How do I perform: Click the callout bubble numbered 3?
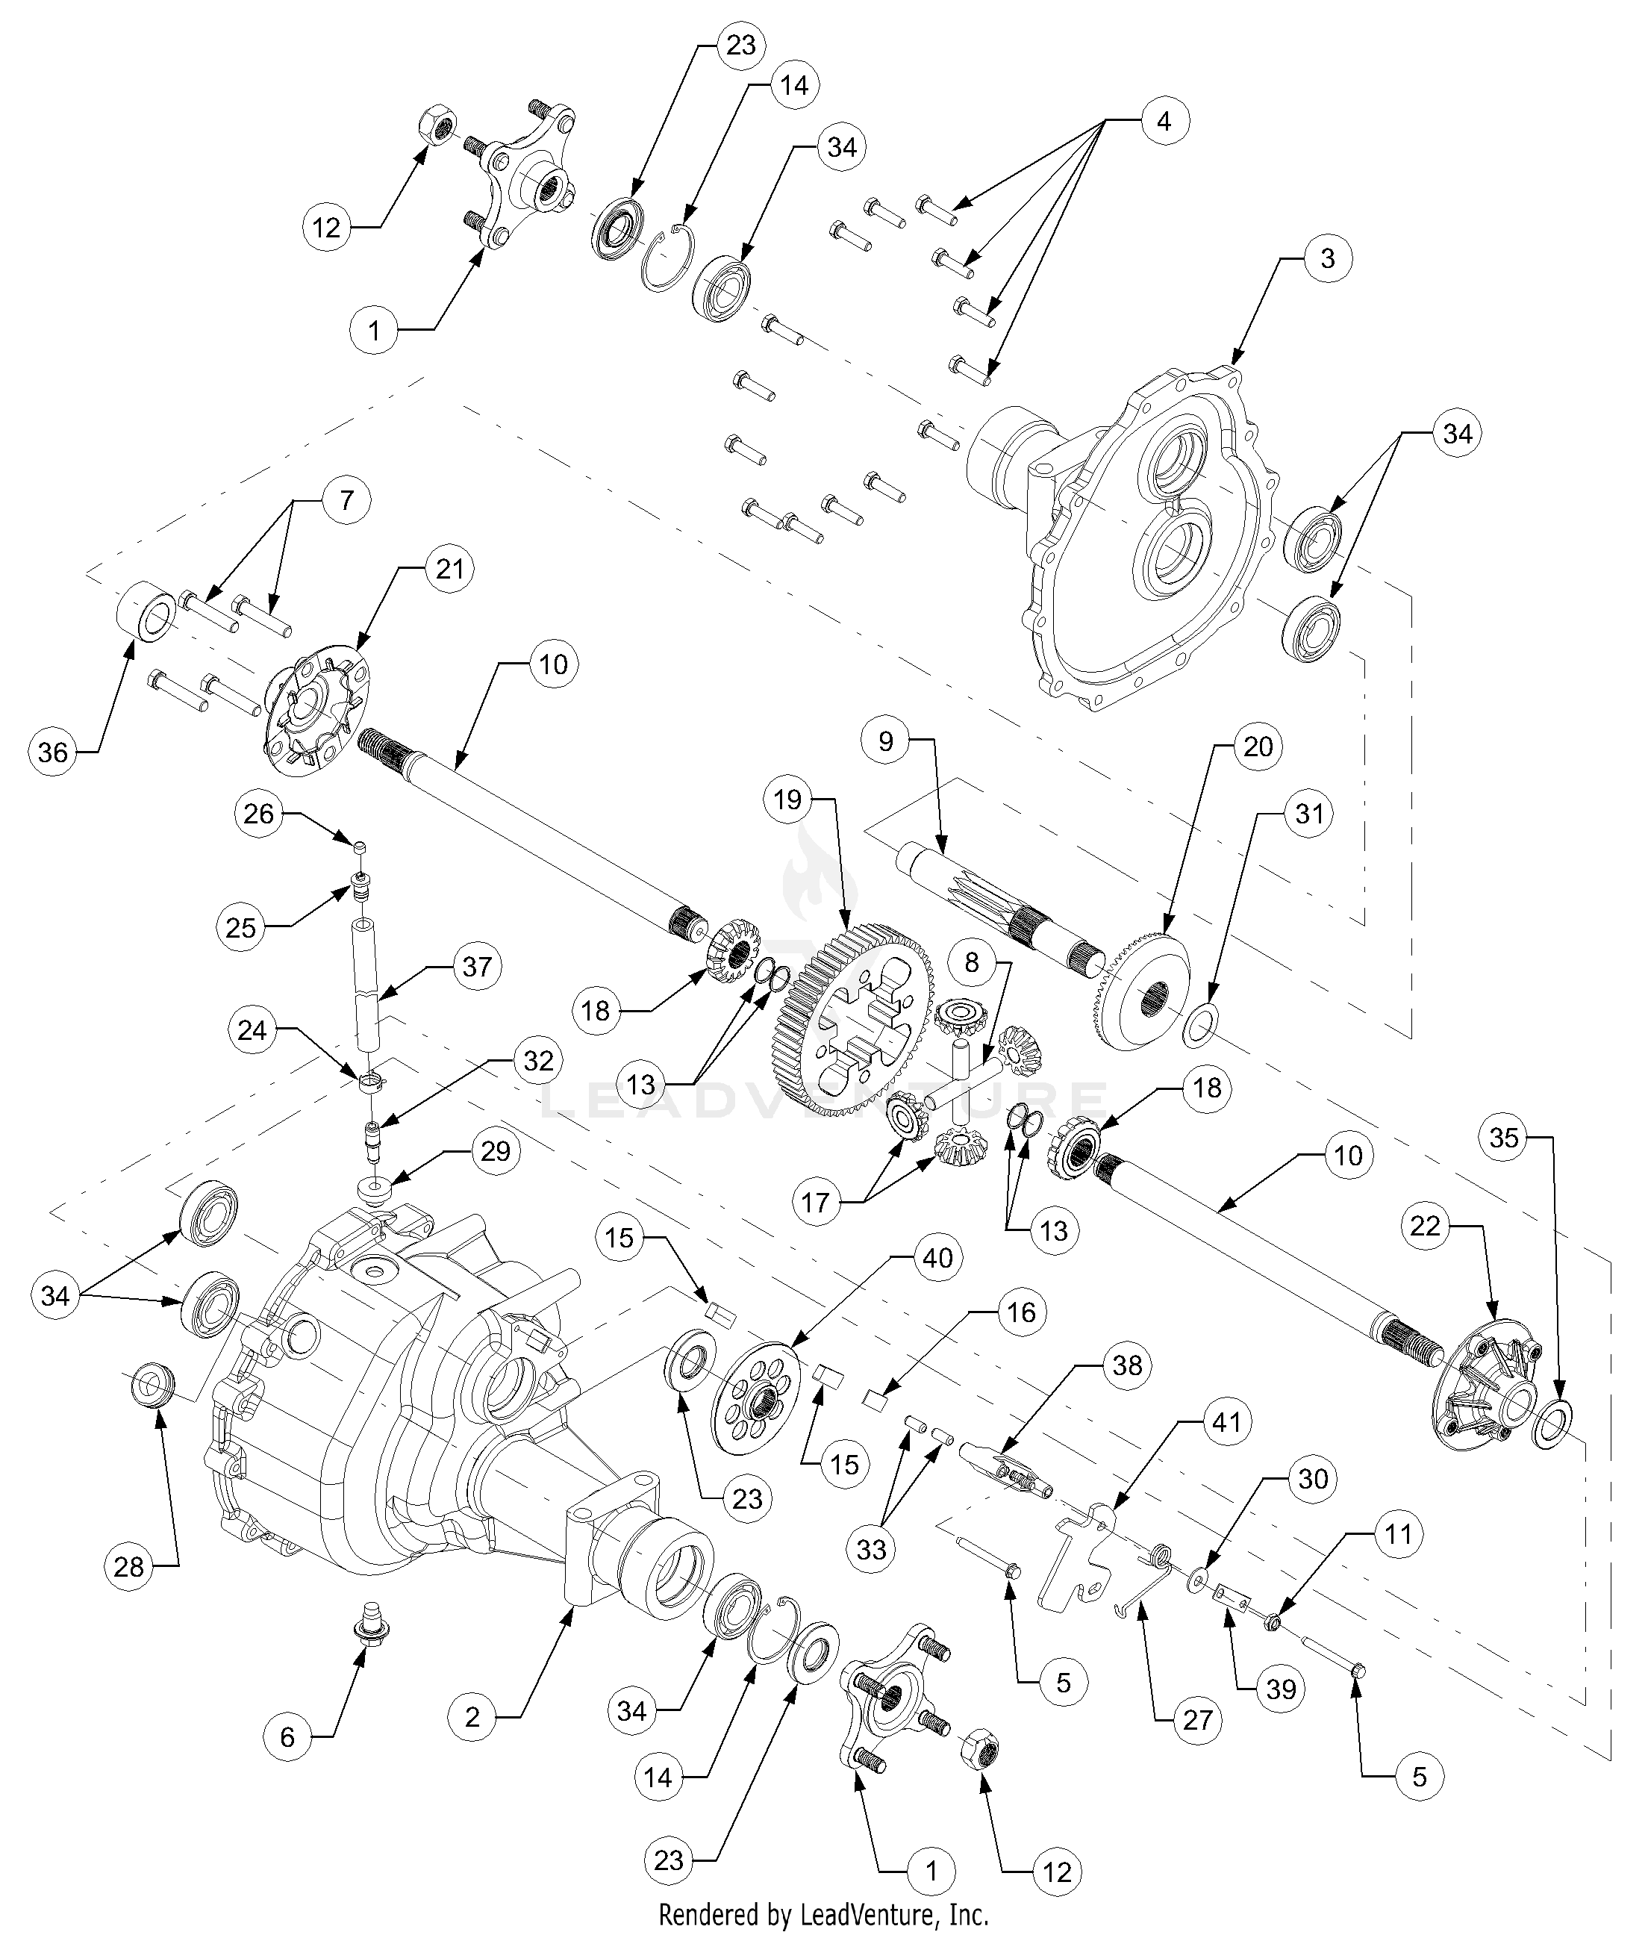[x=1327, y=259]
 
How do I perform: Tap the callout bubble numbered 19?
[x=788, y=800]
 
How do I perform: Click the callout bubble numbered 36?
[x=53, y=751]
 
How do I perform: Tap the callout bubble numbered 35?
[x=1504, y=1138]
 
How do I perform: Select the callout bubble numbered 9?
[x=886, y=741]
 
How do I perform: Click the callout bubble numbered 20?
[x=1258, y=747]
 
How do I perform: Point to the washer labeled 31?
[x=1200, y=1026]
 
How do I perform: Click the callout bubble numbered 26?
[x=259, y=814]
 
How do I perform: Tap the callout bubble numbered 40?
[x=937, y=1258]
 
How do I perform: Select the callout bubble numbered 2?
[x=472, y=1716]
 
